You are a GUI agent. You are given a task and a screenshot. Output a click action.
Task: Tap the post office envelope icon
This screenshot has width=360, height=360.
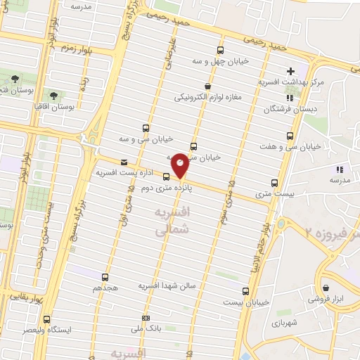(124, 162)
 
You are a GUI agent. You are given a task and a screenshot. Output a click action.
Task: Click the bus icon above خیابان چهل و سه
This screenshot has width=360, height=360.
(221, 50)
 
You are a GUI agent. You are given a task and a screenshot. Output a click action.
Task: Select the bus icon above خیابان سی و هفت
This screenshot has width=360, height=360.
(289, 136)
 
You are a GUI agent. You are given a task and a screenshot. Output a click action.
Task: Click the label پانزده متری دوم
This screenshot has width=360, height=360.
(169, 188)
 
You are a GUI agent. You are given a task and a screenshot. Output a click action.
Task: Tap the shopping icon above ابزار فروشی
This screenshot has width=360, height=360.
(326, 288)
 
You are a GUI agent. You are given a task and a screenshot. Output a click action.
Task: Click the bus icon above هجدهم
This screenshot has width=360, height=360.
(105, 277)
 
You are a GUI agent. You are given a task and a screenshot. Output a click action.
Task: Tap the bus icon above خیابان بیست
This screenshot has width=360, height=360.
(245, 290)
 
